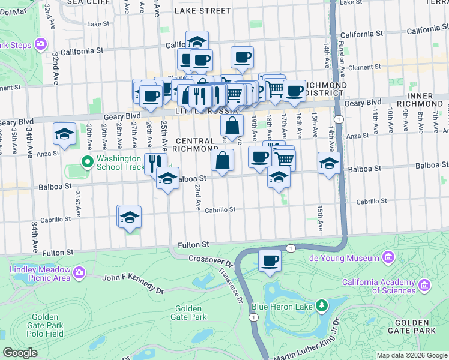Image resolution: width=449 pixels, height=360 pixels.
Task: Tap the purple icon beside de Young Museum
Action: [x=388, y=258]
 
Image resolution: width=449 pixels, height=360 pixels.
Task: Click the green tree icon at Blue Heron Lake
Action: [x=322, y=306]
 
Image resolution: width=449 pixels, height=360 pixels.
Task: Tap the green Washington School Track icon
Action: [x=86, y=161]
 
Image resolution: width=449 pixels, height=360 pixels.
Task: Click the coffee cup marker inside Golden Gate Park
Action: [x=270, y=261]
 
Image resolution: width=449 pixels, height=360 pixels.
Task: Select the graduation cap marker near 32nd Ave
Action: [x=64, y=134]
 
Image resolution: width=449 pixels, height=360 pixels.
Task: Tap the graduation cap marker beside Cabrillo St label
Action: [x=130, y=217]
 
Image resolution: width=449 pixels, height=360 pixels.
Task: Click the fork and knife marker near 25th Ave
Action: [x=155, y=161]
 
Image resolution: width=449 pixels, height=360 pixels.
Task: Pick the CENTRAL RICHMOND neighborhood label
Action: [x=196, y=144]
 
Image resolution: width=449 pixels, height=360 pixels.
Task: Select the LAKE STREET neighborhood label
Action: [x=202, y=11]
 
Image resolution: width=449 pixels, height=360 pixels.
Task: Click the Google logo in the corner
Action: [x=20, y=353]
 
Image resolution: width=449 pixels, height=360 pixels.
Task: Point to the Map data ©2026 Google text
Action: [x=411, y=355]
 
